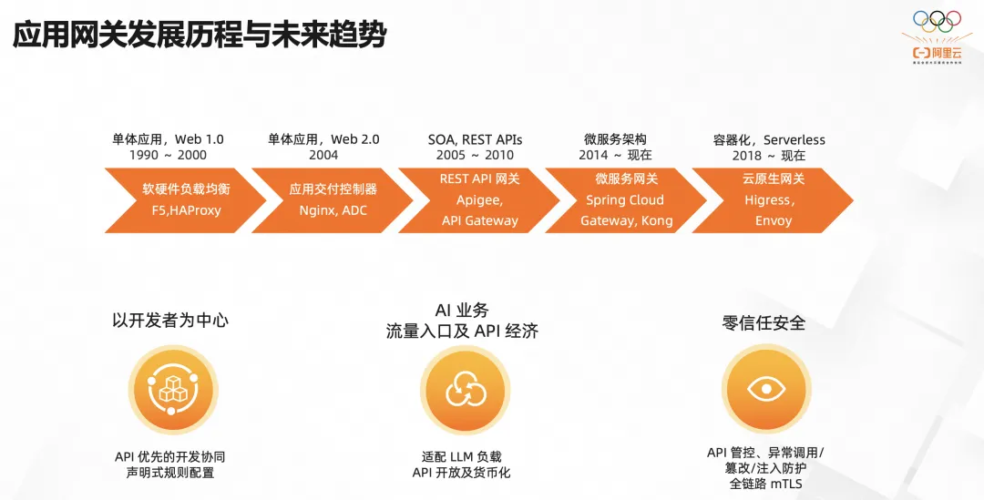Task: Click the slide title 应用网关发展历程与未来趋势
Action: [x=200, y=36]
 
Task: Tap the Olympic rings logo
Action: [x=936, y=20]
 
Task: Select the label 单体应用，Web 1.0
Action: [x=168, y=139]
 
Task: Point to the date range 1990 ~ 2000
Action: [x=168, y=156]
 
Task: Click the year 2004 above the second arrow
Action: [x=323, y=156]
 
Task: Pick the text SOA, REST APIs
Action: [x=475, y=139]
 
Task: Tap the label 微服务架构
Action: [x=615, y=139]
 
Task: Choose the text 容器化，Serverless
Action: [x=769, y=139]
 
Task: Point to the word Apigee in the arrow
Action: [x=479, y=199]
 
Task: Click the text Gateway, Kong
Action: [x=627, y=220]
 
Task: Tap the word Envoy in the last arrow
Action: [x=774, y=220]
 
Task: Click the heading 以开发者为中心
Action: [x=170, y=320]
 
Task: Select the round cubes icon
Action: [x=170, y=389]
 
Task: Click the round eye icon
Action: [x=764, y=389]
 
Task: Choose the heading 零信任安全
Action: [x=764, y=322]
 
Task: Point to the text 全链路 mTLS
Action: [x=765, y=484]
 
